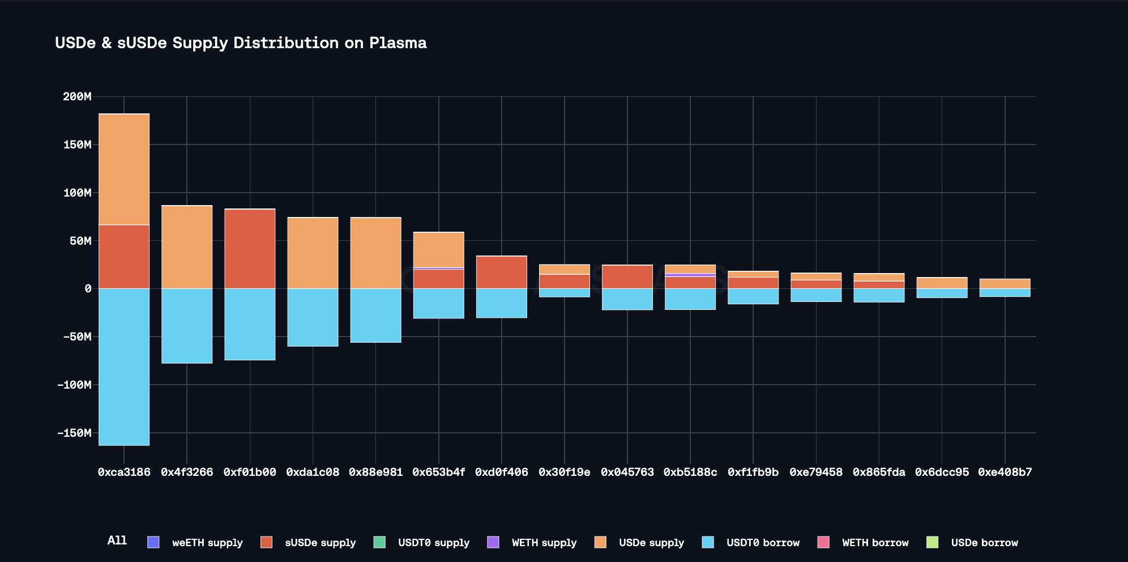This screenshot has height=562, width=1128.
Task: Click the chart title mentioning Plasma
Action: [x=241, y=43]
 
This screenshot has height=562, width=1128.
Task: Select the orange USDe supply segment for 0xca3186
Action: [x=124, y=169]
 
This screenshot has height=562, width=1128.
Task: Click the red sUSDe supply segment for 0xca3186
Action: [x=124, y=257]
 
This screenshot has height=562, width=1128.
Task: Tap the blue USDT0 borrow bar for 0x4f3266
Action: [x=187, y=326]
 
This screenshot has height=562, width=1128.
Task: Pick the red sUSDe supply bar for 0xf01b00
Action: [x=250, y=249]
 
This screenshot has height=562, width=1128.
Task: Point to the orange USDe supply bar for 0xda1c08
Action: [x=313, y=253]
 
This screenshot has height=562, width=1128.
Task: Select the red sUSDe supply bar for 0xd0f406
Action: [x=501, y=272]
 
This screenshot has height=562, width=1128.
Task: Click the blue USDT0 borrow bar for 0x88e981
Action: [x=375, y=316]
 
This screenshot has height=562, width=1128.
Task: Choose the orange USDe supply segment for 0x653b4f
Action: [x=438, y=249]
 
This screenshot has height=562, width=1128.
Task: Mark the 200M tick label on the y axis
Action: [x=77, y=96]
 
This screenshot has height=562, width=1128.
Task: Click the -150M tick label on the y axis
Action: [x=74, y=433]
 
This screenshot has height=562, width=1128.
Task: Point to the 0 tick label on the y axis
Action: [x=88, y=289]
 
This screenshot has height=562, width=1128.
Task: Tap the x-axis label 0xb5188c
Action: [x=690, y=472]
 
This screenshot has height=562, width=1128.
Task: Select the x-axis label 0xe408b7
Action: [x=1005, y=472]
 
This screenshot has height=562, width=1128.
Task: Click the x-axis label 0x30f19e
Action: [x=564, y=472]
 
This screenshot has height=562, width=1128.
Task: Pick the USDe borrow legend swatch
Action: [x=932, y=542]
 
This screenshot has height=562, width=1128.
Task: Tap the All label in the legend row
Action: [x=117, y=540]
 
